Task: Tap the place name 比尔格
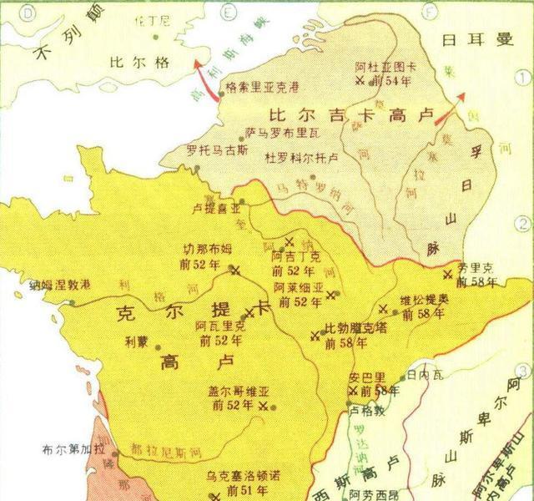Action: pyautogui.click(x=134, y=61)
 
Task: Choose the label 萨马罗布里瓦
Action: pyautogui.click(x=283, y=133)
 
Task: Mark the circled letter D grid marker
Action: pyautogui.click(x=12, y=11)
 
